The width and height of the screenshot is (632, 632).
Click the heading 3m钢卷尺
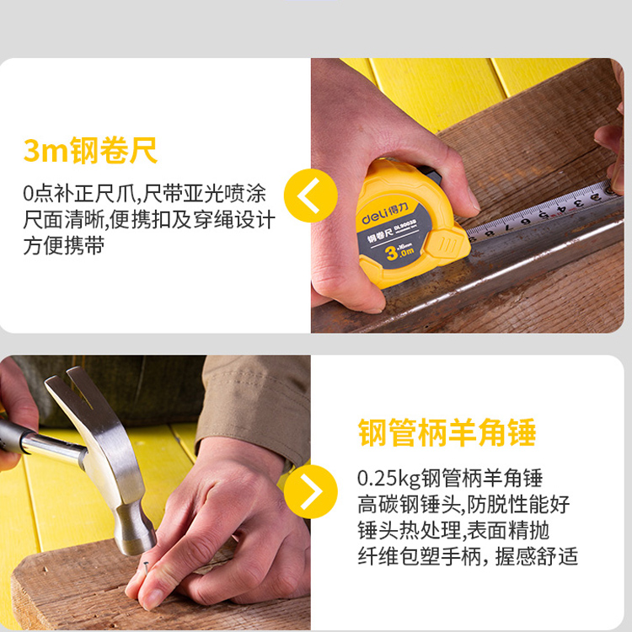pos(90,151)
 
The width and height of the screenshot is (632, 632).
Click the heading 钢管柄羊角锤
pos(447,432)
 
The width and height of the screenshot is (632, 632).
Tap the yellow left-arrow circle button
pos(311,195)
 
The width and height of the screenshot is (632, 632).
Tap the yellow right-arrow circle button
pos(311,492)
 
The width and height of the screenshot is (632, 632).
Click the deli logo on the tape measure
pos(385,214)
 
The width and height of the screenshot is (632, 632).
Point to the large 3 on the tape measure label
pos(391,253)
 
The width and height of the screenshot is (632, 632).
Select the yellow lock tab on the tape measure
pos(447,244)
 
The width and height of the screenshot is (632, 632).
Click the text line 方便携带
pos(64,246)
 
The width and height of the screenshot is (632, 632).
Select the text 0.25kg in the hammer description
pos(388,479)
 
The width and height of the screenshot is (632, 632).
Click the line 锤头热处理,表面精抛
pos(453,530)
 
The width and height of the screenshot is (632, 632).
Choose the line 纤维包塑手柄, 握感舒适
pos(468,557)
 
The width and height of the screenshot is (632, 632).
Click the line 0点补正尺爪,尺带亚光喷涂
pos(144,194)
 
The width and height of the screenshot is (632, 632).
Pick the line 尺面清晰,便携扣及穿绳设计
pos(149,220)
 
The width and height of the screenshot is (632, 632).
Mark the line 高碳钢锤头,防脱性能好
pos(464,504)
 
